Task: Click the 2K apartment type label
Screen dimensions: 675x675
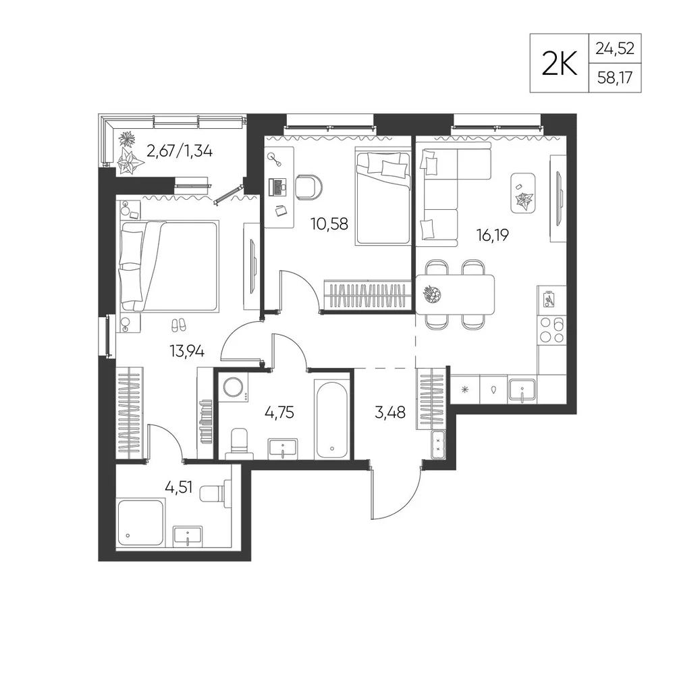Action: [x=559, y=63]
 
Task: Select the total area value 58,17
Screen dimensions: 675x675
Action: [x=615, y=78]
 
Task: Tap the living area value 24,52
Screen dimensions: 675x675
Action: [x=615, y=49]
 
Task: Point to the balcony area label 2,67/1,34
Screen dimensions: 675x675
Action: [x=180, y=151]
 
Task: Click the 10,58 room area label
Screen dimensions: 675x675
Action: [x=329, y=224]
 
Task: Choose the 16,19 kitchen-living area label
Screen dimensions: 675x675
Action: [x=493, y=235]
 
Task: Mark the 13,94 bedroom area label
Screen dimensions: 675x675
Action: [x=187, y=352]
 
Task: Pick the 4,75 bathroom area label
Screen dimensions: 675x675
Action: [x=279, y=412]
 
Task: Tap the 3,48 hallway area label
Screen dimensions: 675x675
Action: [x=390, y=412]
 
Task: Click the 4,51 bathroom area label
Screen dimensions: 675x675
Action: [x=179, y=488]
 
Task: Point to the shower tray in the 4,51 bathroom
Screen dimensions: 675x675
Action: [x=140, y=523]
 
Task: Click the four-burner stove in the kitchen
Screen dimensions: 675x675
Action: [x=551, y=330]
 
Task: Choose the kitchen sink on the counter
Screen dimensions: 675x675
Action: [x=522, y=389]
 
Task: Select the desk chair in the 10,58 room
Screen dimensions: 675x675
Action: [x=309, y=188]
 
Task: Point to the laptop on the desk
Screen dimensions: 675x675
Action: [x=277, y=186]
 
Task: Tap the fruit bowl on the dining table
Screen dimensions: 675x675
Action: [x=432, y=295]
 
